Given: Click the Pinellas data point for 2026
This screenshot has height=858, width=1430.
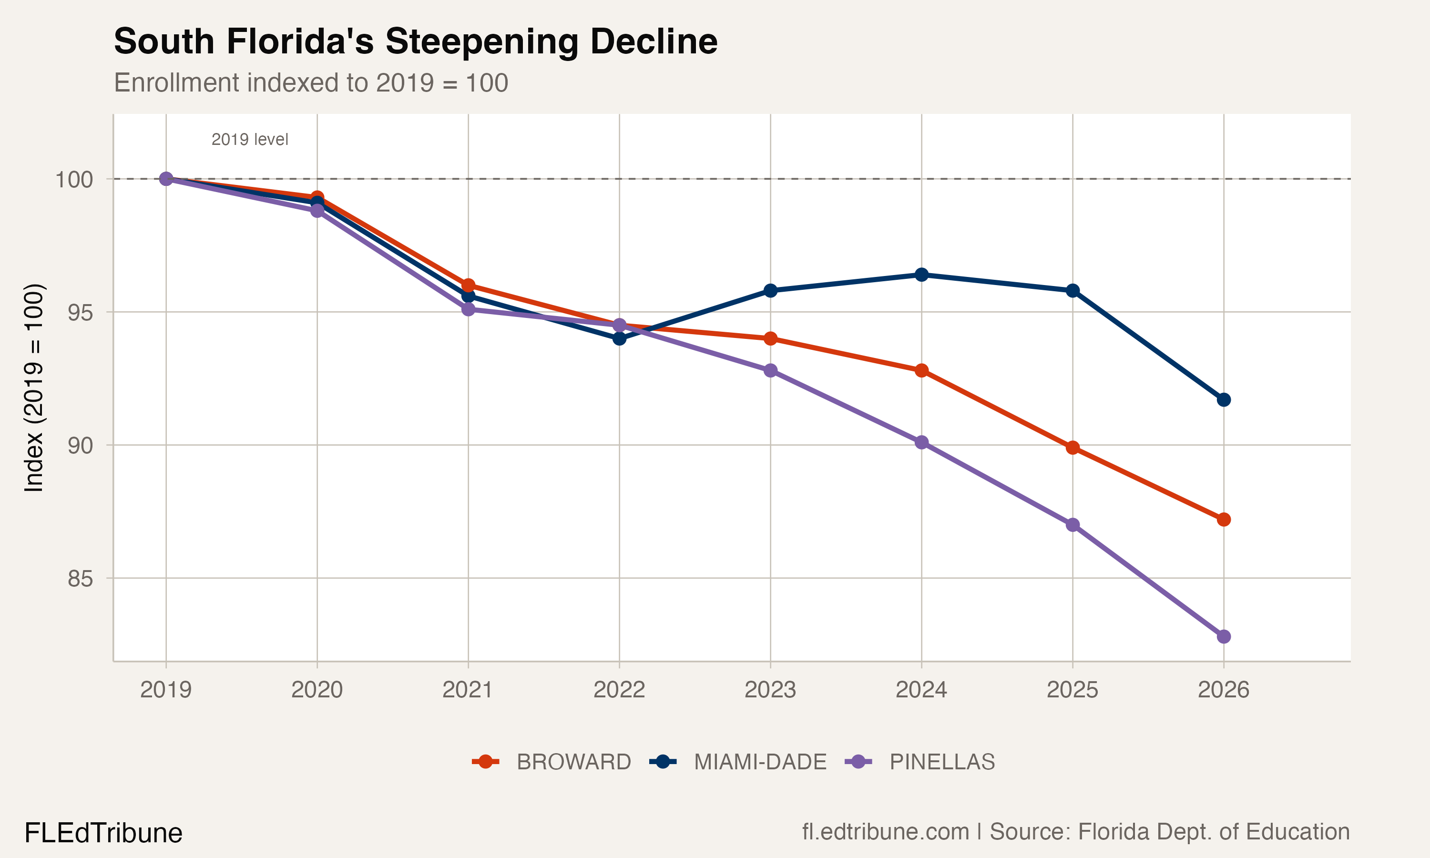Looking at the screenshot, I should tap(1224, 636).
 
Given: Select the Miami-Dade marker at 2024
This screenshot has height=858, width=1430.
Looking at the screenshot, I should tap(922, 275).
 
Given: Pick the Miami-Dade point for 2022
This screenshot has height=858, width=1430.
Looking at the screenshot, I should tap(620, 338).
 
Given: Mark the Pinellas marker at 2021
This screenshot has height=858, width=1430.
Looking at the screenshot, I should tap(468, 309).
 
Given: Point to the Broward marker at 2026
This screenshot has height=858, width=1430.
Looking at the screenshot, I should tap(1224, 519).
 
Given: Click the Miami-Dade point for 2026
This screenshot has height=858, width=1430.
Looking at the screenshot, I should tap(1224, 399).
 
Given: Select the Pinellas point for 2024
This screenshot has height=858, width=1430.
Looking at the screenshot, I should tap(922, 442).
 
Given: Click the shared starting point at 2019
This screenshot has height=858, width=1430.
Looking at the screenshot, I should tap(166, 179).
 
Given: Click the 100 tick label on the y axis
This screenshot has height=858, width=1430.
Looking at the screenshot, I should tap(74, 179).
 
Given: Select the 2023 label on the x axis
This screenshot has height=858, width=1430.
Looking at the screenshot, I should tap(770, 690).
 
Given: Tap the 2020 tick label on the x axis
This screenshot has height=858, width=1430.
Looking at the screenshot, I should tap(317, 690).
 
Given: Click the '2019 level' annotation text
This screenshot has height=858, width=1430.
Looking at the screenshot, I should tap(250, 139).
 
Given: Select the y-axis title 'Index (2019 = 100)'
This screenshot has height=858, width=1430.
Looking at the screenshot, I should tap(33, 388).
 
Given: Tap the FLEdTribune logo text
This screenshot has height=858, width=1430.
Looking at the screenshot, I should tap(103, 833).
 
